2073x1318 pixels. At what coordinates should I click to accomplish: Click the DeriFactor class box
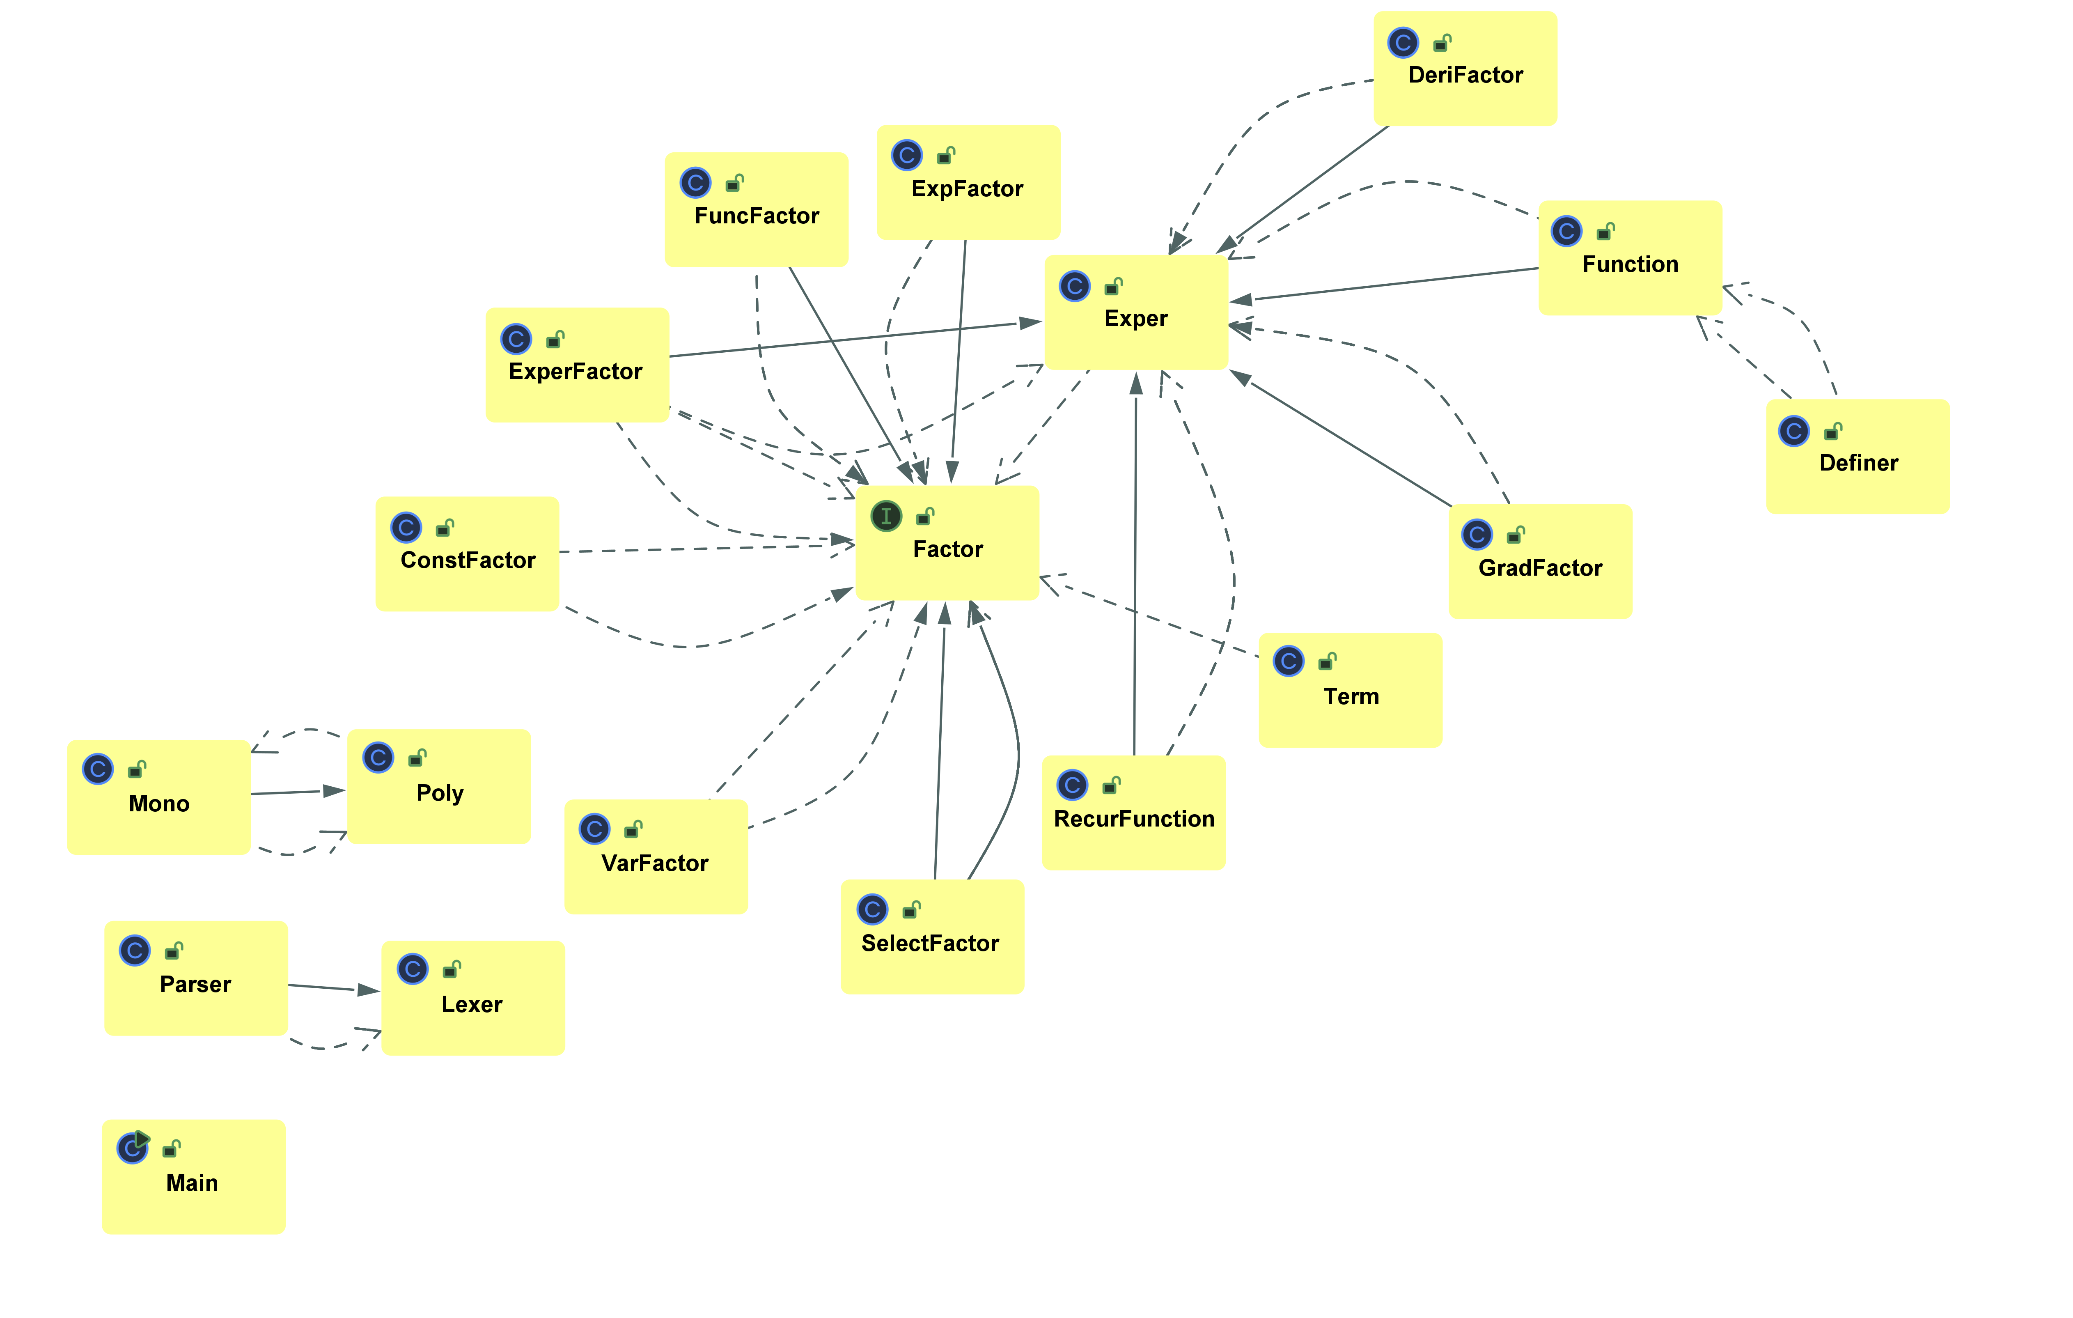point(1465,69)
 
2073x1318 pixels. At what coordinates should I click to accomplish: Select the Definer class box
point(1858,456)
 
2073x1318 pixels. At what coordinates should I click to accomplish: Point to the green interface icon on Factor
point(886,516)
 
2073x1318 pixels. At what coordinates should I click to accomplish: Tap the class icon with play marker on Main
point(133,1147)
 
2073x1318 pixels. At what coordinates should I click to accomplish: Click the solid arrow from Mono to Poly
point(298,792)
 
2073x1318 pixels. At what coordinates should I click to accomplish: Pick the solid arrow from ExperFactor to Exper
point(856,339)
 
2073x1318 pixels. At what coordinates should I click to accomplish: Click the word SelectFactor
point(931,944)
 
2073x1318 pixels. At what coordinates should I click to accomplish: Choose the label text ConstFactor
point(468,560)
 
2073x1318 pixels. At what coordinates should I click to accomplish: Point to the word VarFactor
point(655,863)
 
